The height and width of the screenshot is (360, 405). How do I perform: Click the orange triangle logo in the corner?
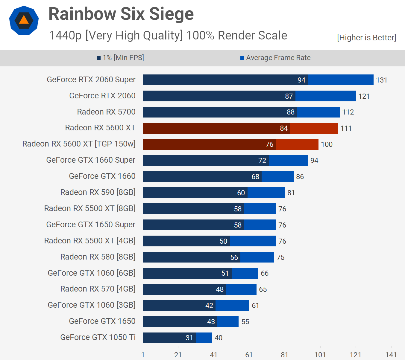pyautogui.click(x=24, y=20)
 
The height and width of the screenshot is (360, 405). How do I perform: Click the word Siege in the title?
pyautogui.click(x=172, y=14)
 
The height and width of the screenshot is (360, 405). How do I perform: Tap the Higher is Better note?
pyautogui.click(x=366, y=38)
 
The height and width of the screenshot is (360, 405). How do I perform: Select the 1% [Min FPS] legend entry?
pyautogui.click(x=120, y=58)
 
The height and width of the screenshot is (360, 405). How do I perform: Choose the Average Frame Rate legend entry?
pyautogui.click(x=275, y=58)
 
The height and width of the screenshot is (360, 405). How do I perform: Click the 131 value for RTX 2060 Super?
pyautogui.click(x=382, y=80)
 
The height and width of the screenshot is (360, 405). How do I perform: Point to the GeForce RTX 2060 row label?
pyautogui.click(x=102, y=96)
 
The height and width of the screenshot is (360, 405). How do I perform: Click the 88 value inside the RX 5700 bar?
pyautogui.click(x=291, y=112)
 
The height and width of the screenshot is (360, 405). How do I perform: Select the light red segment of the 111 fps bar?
pyautogui.click(x=314, y=128)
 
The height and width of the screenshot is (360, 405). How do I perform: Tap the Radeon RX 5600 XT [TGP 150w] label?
pyautogui.click(x=79, y=144)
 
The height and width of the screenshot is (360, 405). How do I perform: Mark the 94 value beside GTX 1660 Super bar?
pyautogui.click(x=314, y=161)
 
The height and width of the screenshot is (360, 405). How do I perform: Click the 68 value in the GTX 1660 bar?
pyautogui.click(x=255, y=177)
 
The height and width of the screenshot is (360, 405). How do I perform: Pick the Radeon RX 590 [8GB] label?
pyautogui.click(x=98, y=192)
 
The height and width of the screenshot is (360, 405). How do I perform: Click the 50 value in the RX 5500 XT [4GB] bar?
pyautogui.click(x=223, y=241)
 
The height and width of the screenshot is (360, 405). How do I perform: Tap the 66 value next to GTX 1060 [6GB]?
pyautogui.click(x=265, y=273)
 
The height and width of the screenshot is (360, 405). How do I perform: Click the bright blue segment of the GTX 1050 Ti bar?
pyautogui.click(x=204, y=338)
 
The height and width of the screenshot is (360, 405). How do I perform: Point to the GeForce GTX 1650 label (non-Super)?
pyautogui.click(x=102, y=321)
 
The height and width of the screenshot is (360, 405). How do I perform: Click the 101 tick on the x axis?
pyautogui.click(x=320, y=355)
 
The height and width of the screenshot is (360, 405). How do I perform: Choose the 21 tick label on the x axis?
pyautogui.click(x=178, y=355)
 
